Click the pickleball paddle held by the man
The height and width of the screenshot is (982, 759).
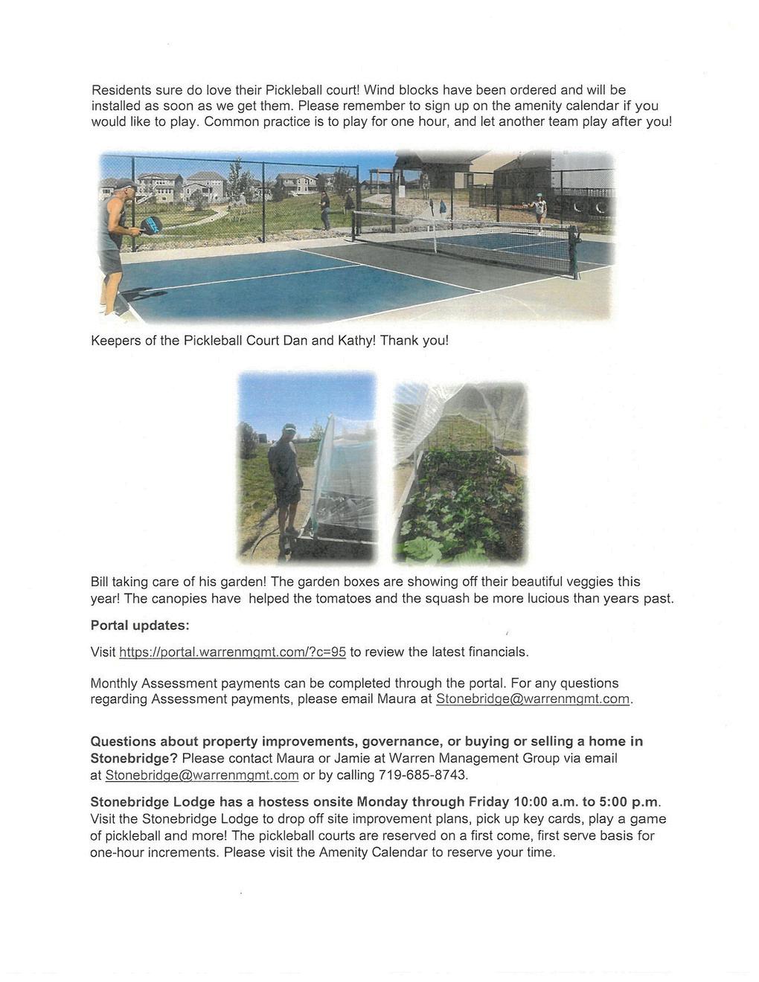pyautogui.click(x=151, y=224)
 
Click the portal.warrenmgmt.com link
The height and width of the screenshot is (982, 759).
pyautogui.click(x=233, y=652)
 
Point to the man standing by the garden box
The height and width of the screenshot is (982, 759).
pyautogui.click(x=286, y=484)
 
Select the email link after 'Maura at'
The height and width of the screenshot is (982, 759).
pyautogui.click(x=533, y=699)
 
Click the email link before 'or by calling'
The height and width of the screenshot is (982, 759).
pyautogui.click(x=202, y=774)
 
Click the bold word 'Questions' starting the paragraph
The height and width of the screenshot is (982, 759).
pyautogui.click(x=123, y=741)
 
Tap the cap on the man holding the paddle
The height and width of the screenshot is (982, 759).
pyautogui.click(x=125, y=184)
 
